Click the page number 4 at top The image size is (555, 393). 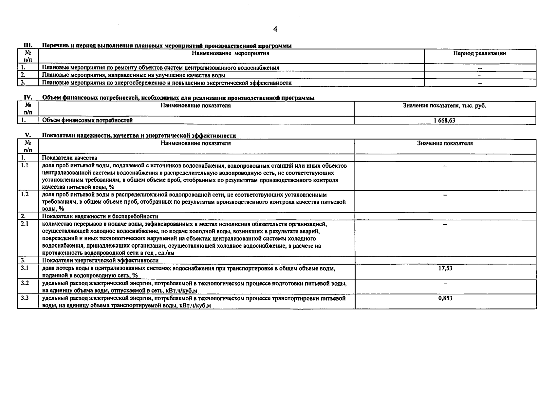275,29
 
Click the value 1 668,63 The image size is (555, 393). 444,121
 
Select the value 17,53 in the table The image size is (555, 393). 445,268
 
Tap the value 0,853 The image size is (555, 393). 445,298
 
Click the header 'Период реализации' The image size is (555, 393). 479,53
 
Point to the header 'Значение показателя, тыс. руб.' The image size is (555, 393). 444,106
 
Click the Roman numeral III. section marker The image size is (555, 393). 27,46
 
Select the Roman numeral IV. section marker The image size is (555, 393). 28,98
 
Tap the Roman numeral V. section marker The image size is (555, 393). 28,135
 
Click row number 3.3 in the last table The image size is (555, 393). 25,298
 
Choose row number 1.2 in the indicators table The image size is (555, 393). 25,194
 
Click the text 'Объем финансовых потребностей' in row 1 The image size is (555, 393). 87,121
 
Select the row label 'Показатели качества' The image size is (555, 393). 69,158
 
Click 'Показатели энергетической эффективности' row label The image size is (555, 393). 100,261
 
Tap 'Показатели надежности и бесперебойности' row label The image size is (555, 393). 100,216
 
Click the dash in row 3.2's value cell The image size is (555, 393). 445,284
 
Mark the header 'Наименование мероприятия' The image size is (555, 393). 231,53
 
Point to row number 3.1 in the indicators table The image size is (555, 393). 25,268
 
